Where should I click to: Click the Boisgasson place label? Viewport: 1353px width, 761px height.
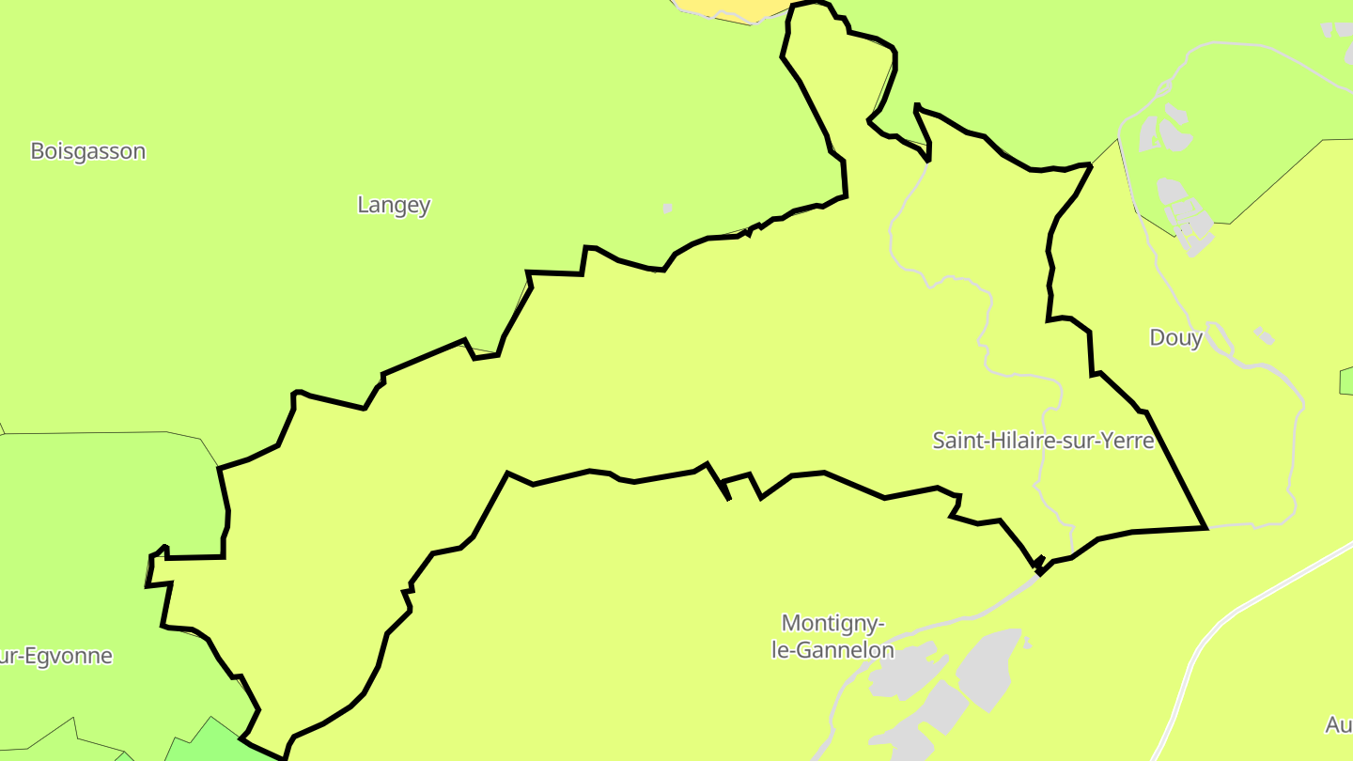click(x=88, y=151)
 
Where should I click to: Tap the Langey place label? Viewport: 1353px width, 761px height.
click(x=394, y=205)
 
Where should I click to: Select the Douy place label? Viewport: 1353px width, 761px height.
click(x=1175, y=338)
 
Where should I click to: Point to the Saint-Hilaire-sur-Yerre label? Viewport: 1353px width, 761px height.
click(x=1043, y=440)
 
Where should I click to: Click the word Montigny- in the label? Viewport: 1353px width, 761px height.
click(x=833, y=623)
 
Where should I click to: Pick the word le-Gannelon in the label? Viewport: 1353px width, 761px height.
click(x=833, y=649)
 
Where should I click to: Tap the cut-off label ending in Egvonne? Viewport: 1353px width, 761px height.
click(x=56, y=656)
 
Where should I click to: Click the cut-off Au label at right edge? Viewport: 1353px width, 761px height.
click(x=1338, y=724)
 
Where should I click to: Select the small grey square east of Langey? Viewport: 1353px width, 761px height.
click(x=667, y=208)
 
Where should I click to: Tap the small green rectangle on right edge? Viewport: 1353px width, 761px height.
click(x=1346, y=381)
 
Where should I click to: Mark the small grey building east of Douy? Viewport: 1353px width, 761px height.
click(x=1265, y=335)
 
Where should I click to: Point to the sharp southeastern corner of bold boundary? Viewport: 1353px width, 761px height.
click(x=1205, y=527)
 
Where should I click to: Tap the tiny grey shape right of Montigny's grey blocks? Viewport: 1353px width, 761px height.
click(x=1027, y=644)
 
